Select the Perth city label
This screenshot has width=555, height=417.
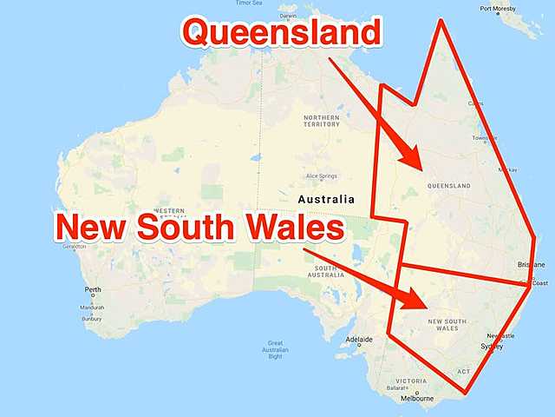93,289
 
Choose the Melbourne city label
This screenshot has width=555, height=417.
417,399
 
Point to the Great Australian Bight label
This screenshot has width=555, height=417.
275,348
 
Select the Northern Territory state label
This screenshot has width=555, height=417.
321,120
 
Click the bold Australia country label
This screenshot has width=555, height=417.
325,199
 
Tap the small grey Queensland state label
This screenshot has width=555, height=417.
448,186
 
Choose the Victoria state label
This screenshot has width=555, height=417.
410,381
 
